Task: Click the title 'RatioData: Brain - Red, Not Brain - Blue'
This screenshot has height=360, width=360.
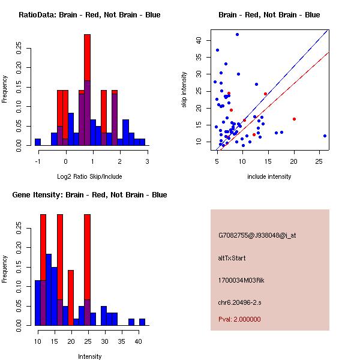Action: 89,15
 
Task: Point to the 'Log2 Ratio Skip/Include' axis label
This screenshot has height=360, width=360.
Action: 89,176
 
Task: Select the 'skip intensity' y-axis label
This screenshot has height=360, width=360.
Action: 184,89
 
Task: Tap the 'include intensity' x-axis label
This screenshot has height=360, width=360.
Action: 269,176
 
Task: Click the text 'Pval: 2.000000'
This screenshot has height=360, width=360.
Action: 240,320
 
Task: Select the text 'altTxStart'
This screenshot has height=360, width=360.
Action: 232,258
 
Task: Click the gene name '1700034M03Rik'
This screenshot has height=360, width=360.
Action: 240,280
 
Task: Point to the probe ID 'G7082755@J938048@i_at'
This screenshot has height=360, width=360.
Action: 257,235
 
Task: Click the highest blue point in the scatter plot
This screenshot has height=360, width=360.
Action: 237,35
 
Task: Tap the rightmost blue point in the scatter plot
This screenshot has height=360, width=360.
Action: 325,136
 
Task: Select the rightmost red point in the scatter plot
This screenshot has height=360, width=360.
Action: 294,119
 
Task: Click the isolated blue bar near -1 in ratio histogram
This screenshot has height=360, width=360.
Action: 38,142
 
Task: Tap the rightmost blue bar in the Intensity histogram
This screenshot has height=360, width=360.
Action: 142,322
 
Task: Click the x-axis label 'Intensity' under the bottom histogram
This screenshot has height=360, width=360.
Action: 89,356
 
